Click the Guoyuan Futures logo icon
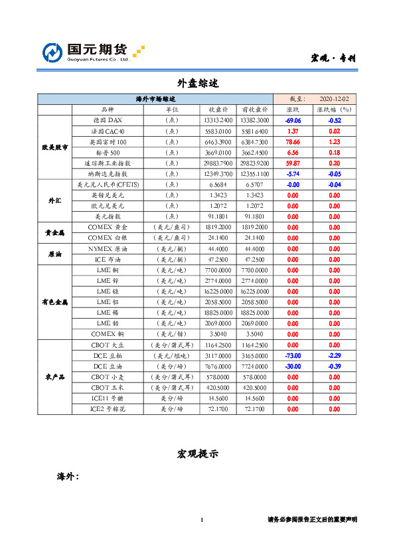pyautogui.click(x=53, y=52)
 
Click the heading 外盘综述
pyautogui.click(x=197, y=83)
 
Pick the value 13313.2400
pyautogui.click(x=218, y=120)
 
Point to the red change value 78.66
pyautogui.click(x=293, y=141)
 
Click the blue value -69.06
pyautogui.click(x=293, y=120)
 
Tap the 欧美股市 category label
pyautogui.click(x=54, y=147)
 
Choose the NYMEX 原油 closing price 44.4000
pyautogui.click(x=218, y=248)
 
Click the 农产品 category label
pyautogui.click(x=54, y=377)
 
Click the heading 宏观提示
pyautogui.click(x=197, y=453)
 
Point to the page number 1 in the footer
pyautogui.click(x=201, y=520)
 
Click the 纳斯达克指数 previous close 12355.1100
pyautogui.click(x=255, y=173)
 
